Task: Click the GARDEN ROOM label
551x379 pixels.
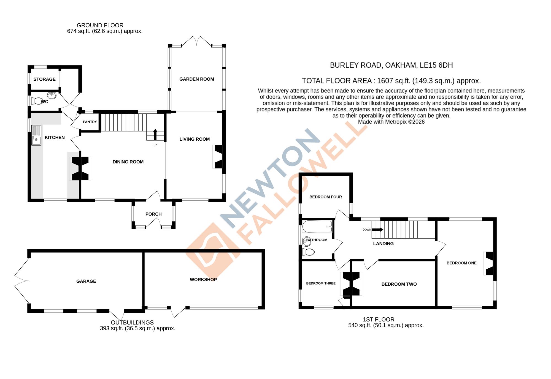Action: pos(196,79)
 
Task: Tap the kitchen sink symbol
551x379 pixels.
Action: pos(36,135)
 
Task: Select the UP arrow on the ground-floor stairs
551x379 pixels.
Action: pos(155,134)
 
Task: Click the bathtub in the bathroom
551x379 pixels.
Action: pos(317,227)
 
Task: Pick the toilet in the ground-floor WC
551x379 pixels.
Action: pos(37,101)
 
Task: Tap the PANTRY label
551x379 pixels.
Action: pos(90,122)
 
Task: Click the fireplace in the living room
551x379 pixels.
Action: pos(218,157)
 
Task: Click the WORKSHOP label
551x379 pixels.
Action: pos(203,279)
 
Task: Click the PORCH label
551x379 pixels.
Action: pos(153,214)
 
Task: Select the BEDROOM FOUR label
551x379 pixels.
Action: pos(325,197)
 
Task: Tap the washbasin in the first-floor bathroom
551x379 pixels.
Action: pos(307,241)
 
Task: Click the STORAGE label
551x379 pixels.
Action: pos(44,79)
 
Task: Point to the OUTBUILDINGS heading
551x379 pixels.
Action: pos(132,322)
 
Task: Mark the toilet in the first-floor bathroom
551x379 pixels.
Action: pos(308,252)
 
